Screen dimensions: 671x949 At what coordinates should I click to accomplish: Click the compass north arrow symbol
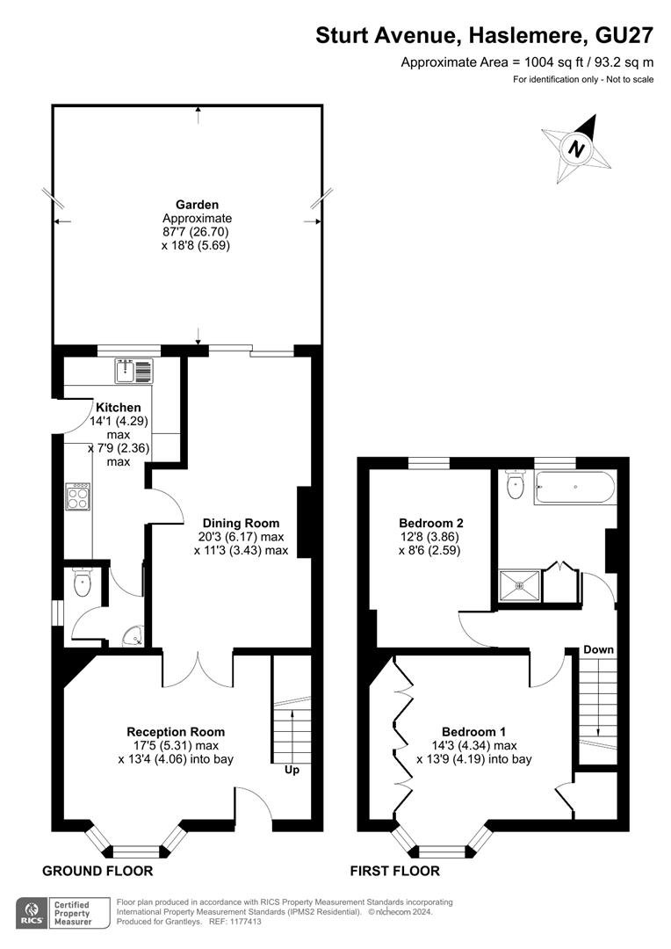(577, 149)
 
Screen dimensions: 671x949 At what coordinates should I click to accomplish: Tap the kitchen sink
(134, 371)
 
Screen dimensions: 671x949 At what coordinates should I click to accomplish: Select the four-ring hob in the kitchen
(78, 496)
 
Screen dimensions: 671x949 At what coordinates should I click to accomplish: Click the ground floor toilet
(81, 583)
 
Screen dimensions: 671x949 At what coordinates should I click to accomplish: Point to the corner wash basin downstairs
(133, 635)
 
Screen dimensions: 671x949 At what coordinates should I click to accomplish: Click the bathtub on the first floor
(574, 488)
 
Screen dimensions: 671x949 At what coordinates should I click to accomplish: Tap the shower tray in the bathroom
(519, 585)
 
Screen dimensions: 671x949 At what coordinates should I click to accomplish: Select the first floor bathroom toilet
(516, 484)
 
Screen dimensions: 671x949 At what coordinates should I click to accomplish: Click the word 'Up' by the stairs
(292, 770)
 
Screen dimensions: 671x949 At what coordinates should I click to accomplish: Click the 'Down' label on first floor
(598, 649)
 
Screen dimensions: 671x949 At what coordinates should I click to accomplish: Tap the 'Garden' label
(198, 205)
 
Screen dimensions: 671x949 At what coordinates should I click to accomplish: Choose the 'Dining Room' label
(241, 523)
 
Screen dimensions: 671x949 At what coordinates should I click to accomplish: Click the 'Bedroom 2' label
(431, 523)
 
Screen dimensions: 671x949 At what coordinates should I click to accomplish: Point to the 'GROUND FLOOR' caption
(97, 871)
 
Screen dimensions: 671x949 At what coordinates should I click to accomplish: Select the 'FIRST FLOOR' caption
(394, 871)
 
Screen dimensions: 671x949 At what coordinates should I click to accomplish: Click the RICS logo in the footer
(32, 913)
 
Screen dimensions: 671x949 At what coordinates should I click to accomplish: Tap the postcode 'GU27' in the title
(624, 36)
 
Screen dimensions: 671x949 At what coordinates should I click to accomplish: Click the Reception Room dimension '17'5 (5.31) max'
(176, 746)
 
